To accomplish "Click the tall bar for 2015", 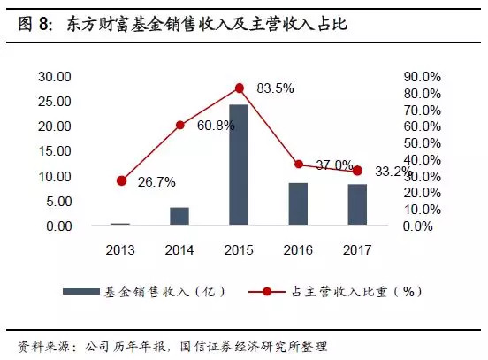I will [x=239, y=165].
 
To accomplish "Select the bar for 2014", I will [x=179, y=217].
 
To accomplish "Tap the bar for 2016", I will [x=298, y=204].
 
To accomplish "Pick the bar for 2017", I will [x=357, y=205].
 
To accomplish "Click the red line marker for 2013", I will [x=121, y=180].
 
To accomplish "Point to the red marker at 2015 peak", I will [x=239, y=88].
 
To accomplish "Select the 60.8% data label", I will [x=216, y=126].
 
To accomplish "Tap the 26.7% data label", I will [x=156, y=182].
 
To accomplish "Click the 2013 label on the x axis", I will [x=121, y=250].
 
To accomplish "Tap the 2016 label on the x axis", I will [x=298, y=250].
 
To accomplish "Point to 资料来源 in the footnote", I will [x=40, y=344].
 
